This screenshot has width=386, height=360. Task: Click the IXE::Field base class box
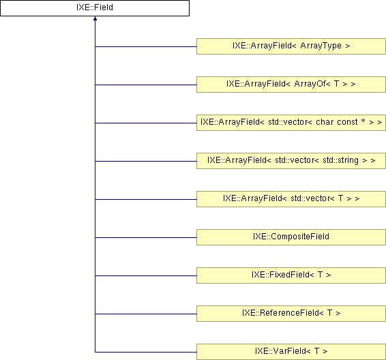coord(95,8)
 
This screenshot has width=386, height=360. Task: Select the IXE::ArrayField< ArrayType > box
coord(291,46)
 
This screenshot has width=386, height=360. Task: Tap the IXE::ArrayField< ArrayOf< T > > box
coord(291,85)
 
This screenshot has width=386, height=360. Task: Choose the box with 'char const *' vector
coord(291,123)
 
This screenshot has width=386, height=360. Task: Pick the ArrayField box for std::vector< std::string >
coord(291,161)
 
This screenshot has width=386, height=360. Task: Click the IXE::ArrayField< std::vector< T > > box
coord(291,199)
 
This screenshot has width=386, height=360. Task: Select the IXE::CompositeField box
coord(291,237)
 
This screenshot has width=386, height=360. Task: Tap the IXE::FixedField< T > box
coord(291,275)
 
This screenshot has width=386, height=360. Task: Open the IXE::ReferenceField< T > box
coord(291,314)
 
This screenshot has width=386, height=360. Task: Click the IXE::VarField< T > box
coord(291,352)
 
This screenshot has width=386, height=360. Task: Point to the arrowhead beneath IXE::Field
coord(95,18)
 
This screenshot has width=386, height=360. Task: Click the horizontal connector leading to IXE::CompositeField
coord(146,237)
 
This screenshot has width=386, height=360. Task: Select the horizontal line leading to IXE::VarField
coord(146,352)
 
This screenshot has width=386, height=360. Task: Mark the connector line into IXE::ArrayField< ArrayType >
coord(146,46)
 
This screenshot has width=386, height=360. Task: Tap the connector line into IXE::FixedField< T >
coord(146,275)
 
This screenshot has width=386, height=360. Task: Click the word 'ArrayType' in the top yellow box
coord(321,46)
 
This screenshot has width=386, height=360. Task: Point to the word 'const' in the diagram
coord(347,122)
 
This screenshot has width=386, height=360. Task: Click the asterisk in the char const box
coord(363,121)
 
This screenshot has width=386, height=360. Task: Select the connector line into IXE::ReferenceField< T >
coord(146,314)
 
